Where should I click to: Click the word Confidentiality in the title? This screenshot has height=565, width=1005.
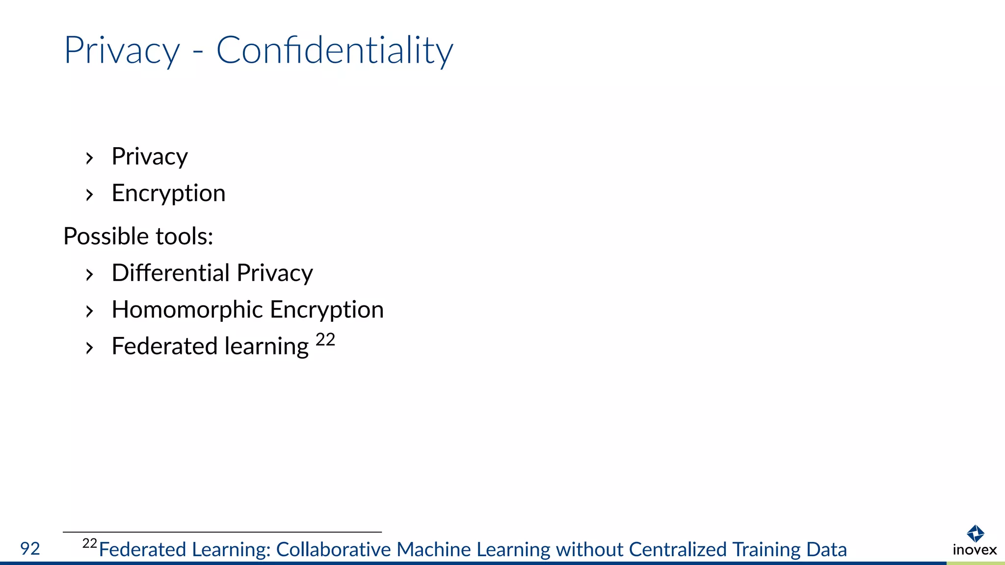(335, 50)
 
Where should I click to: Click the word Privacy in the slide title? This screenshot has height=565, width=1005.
(122, 51)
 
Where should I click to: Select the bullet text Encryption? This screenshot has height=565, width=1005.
(168, 193)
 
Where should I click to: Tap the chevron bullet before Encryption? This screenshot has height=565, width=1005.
(89, 195)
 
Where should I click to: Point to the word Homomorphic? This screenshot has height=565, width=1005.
(187, 309)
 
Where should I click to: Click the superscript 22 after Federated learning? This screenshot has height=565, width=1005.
(325, 339)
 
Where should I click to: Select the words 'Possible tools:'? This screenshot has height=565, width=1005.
(138, 236)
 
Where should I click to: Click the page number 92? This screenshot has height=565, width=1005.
(30, 548)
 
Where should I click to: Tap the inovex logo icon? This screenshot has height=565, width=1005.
(975, 533)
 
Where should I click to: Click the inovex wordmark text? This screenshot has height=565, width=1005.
(975, 550)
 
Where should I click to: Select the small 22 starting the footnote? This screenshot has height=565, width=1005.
(90, 543)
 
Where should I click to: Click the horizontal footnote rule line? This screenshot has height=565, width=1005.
(222, 532)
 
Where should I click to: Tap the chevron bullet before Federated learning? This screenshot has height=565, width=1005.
(89, 348)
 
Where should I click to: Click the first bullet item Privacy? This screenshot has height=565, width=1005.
(150, 157)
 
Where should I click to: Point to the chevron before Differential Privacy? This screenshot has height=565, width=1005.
(89, 275)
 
